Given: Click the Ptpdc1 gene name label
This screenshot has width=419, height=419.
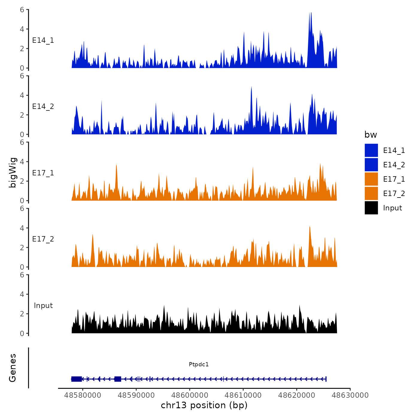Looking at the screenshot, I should click(x=199, y=364).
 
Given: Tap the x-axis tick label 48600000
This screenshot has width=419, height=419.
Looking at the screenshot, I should click(x=189, y=395).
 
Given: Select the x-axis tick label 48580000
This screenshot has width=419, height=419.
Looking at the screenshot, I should click(x=83, y=395).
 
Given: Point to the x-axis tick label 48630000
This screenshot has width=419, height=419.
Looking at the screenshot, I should click(x=350, y=395).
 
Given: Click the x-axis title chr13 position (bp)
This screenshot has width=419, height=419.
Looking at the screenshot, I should click(x=204, y=405).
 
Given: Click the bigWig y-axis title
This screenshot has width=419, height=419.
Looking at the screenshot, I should click(x=13, y=172).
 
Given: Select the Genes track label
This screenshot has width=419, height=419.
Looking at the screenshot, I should click(x=13, y=368).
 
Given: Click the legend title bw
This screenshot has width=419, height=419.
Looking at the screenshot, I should click(x=371, y=135).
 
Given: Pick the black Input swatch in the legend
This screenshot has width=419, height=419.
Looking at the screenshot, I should click(x=371, y=208).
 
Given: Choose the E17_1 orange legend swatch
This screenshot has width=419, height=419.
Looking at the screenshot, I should click(x=371, y=179).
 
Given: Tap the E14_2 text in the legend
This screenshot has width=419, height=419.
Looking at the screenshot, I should click(x=394, y=165).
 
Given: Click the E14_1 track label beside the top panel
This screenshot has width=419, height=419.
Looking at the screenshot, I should click(x=43, y=40).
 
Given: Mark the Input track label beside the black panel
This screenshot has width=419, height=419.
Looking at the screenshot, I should click(x=43, y=306).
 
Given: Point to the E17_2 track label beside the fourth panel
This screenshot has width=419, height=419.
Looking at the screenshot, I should click(x=43, y=239).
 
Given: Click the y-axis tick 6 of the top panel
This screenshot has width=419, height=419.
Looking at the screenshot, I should click(x=22, y=10).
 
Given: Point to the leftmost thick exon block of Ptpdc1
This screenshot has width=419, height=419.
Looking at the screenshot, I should click(x=77, y=379).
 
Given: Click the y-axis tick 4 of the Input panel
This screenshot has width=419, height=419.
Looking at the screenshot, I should click(x=22, y=294).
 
